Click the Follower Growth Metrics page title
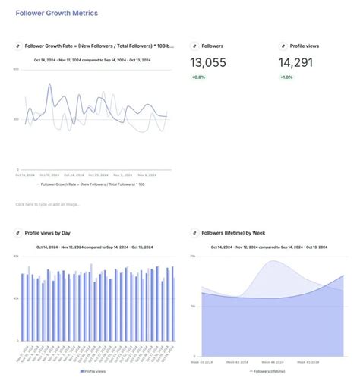(56, 14)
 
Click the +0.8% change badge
(199, 77)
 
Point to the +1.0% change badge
(286, 77)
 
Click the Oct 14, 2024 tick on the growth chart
(25, 175)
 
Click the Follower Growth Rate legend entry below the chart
(93, 184)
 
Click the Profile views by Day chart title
(48, 233)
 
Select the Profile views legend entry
(95, 371)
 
